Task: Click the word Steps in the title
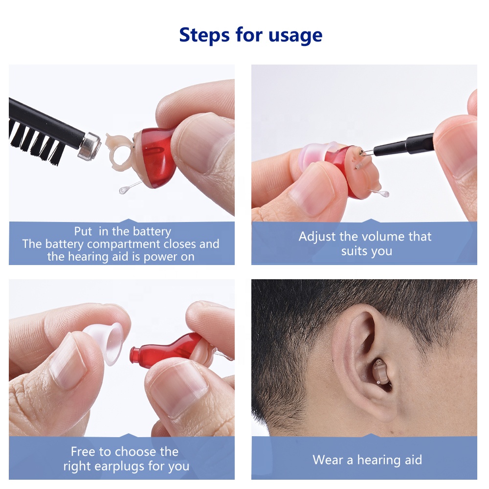point(204,35)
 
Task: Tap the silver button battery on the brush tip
point(90,146)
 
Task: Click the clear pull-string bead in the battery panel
point(124,190)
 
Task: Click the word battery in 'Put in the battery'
point(152,232)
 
